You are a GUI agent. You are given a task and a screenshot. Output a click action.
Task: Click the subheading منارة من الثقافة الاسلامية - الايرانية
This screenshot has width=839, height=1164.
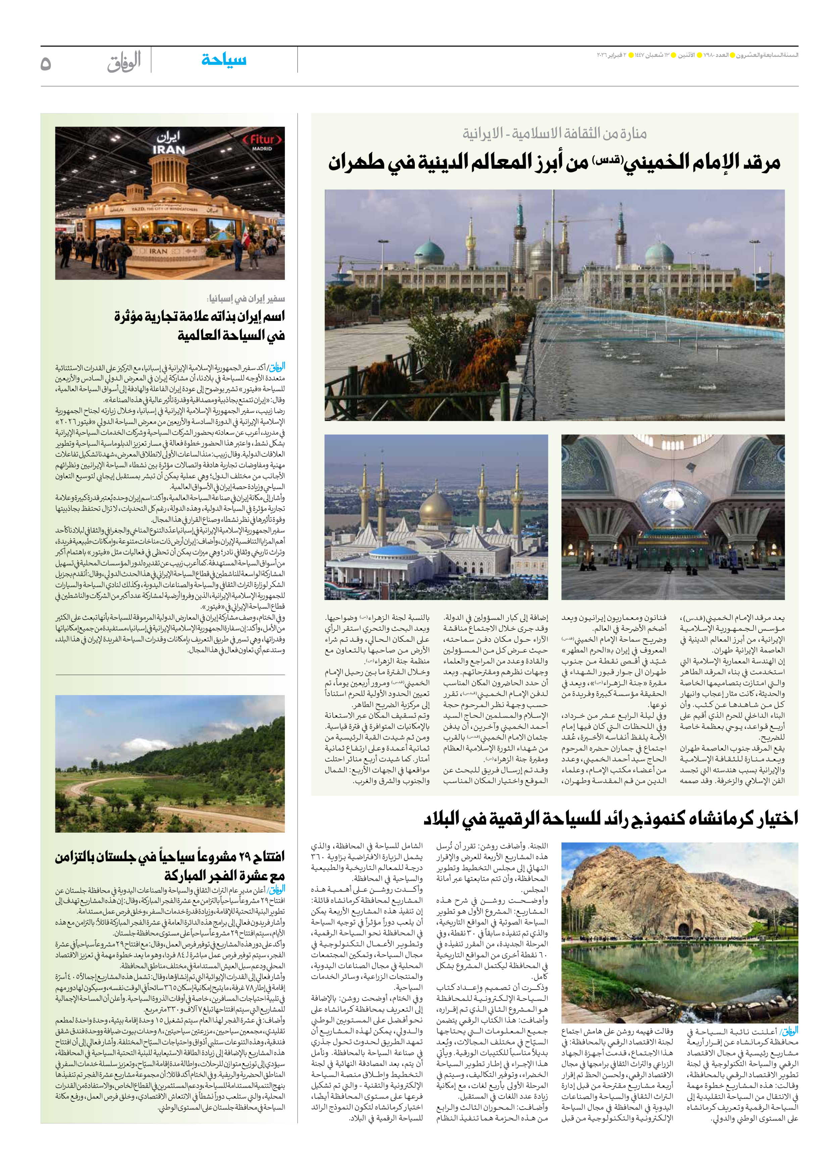[554, 134]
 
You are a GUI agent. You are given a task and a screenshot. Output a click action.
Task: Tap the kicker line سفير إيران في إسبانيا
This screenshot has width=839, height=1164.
[245, 299]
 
